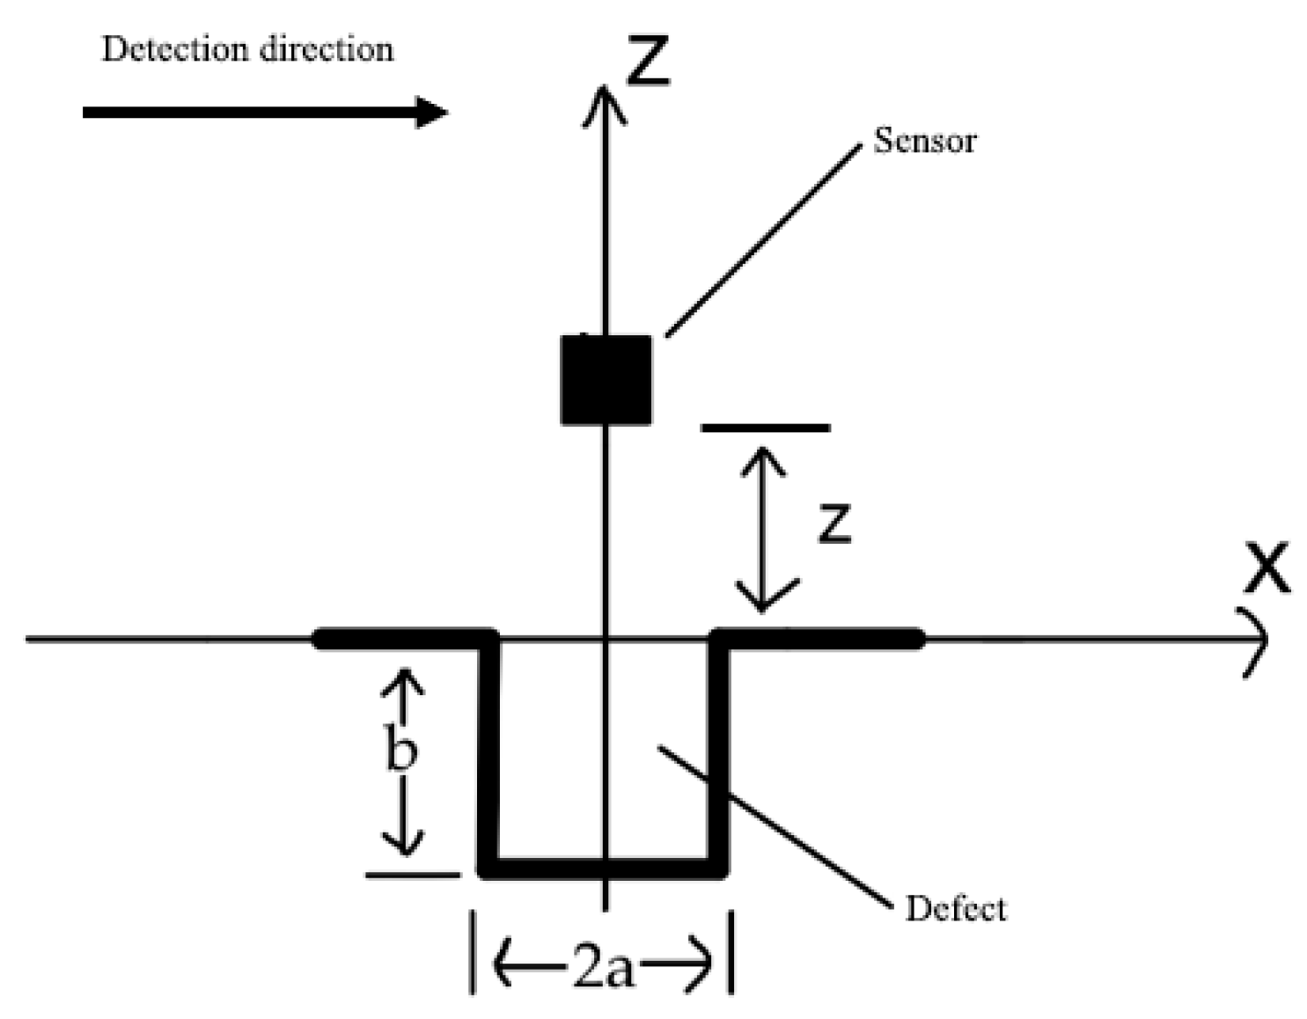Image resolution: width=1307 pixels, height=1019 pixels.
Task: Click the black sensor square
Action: [x=606, y=379]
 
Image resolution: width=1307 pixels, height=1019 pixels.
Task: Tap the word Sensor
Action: [x=924, y=141]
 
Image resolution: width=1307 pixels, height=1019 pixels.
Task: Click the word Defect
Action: [x=955, y=908]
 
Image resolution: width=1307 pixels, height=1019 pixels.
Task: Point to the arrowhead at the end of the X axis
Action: [x=1260, y=641]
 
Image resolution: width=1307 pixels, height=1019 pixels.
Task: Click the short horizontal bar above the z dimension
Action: [x=765, y=428]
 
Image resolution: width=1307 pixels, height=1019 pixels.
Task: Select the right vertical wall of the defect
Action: [x=719, y=757]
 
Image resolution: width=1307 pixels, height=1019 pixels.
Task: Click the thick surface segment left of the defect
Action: [x=400, y=639]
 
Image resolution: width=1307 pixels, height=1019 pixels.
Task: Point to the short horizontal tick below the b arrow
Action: [x=412, y=875]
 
